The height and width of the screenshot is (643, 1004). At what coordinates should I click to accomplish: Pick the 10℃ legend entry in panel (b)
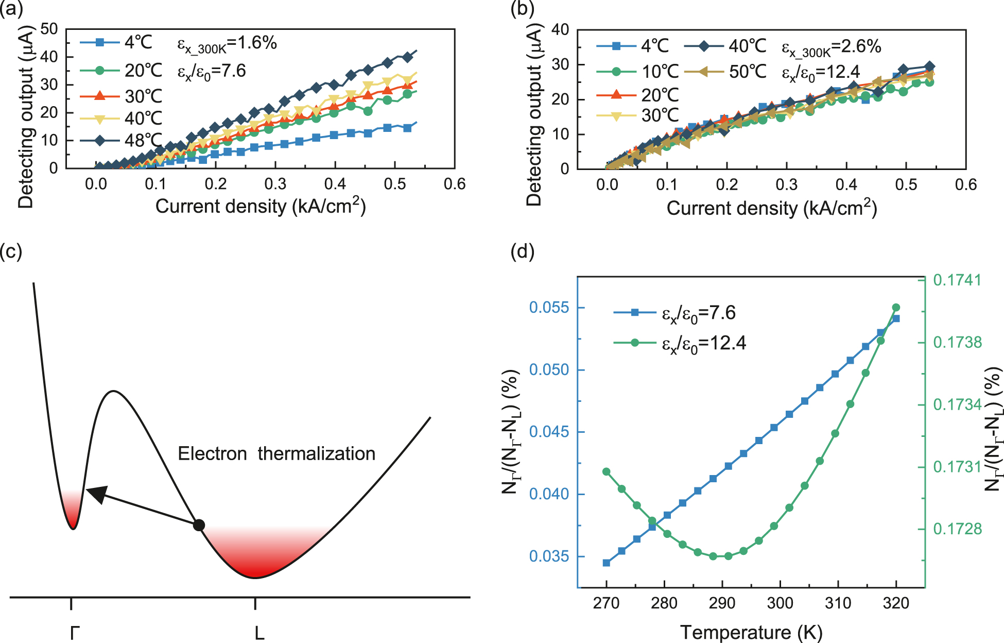(x=638, y=72)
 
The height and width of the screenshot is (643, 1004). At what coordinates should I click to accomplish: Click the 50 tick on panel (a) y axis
(x=49, y=29)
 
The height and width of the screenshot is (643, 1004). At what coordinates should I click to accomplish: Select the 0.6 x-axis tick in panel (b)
(x=965, y=185)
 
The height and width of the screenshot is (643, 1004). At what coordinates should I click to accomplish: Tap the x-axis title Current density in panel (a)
(x=260, y=207)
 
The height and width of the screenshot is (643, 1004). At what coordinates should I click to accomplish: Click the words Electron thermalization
(x=276, y=454)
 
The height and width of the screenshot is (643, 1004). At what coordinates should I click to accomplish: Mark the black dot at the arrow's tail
(x=199, y=525)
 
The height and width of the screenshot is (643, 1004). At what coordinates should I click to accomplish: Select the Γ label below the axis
(x=74, y=633)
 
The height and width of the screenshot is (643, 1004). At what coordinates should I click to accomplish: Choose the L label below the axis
(x=259, y=633)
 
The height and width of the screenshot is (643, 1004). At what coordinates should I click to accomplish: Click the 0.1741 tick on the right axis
(x=957, y=280)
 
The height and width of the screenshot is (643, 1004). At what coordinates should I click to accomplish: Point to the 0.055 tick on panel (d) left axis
(x=549, y=308)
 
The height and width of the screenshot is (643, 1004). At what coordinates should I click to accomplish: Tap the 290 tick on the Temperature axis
(x=722, y=603)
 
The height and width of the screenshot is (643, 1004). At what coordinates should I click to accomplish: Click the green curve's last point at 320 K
(x=896, y=308)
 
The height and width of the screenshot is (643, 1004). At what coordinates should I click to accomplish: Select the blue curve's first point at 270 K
(x=607, y=563)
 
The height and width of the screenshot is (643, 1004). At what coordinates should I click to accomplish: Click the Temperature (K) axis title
(x=751, y=632)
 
